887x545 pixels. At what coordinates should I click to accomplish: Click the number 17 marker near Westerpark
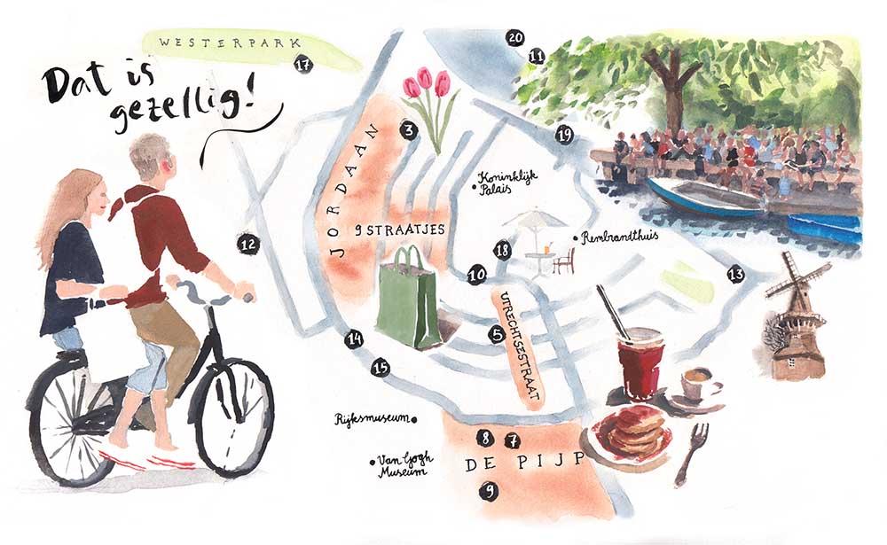coord(303,65)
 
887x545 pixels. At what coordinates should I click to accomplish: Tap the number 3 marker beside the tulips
coord(409,130)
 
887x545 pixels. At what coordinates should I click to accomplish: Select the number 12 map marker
coord(247,245)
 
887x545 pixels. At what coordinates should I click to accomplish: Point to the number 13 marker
coord(735,275)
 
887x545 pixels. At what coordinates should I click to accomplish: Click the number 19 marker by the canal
coord(564,135)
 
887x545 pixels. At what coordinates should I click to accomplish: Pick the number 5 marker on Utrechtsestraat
coord(498,335)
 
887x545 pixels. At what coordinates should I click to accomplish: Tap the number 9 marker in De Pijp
coord(489,491)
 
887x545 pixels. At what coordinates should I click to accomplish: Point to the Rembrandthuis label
coord(616,237)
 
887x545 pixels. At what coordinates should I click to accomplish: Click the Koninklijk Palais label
coord(505,182)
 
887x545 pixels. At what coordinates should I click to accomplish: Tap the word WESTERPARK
coord(229,42)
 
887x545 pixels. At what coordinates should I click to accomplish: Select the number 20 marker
coord(514,38)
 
